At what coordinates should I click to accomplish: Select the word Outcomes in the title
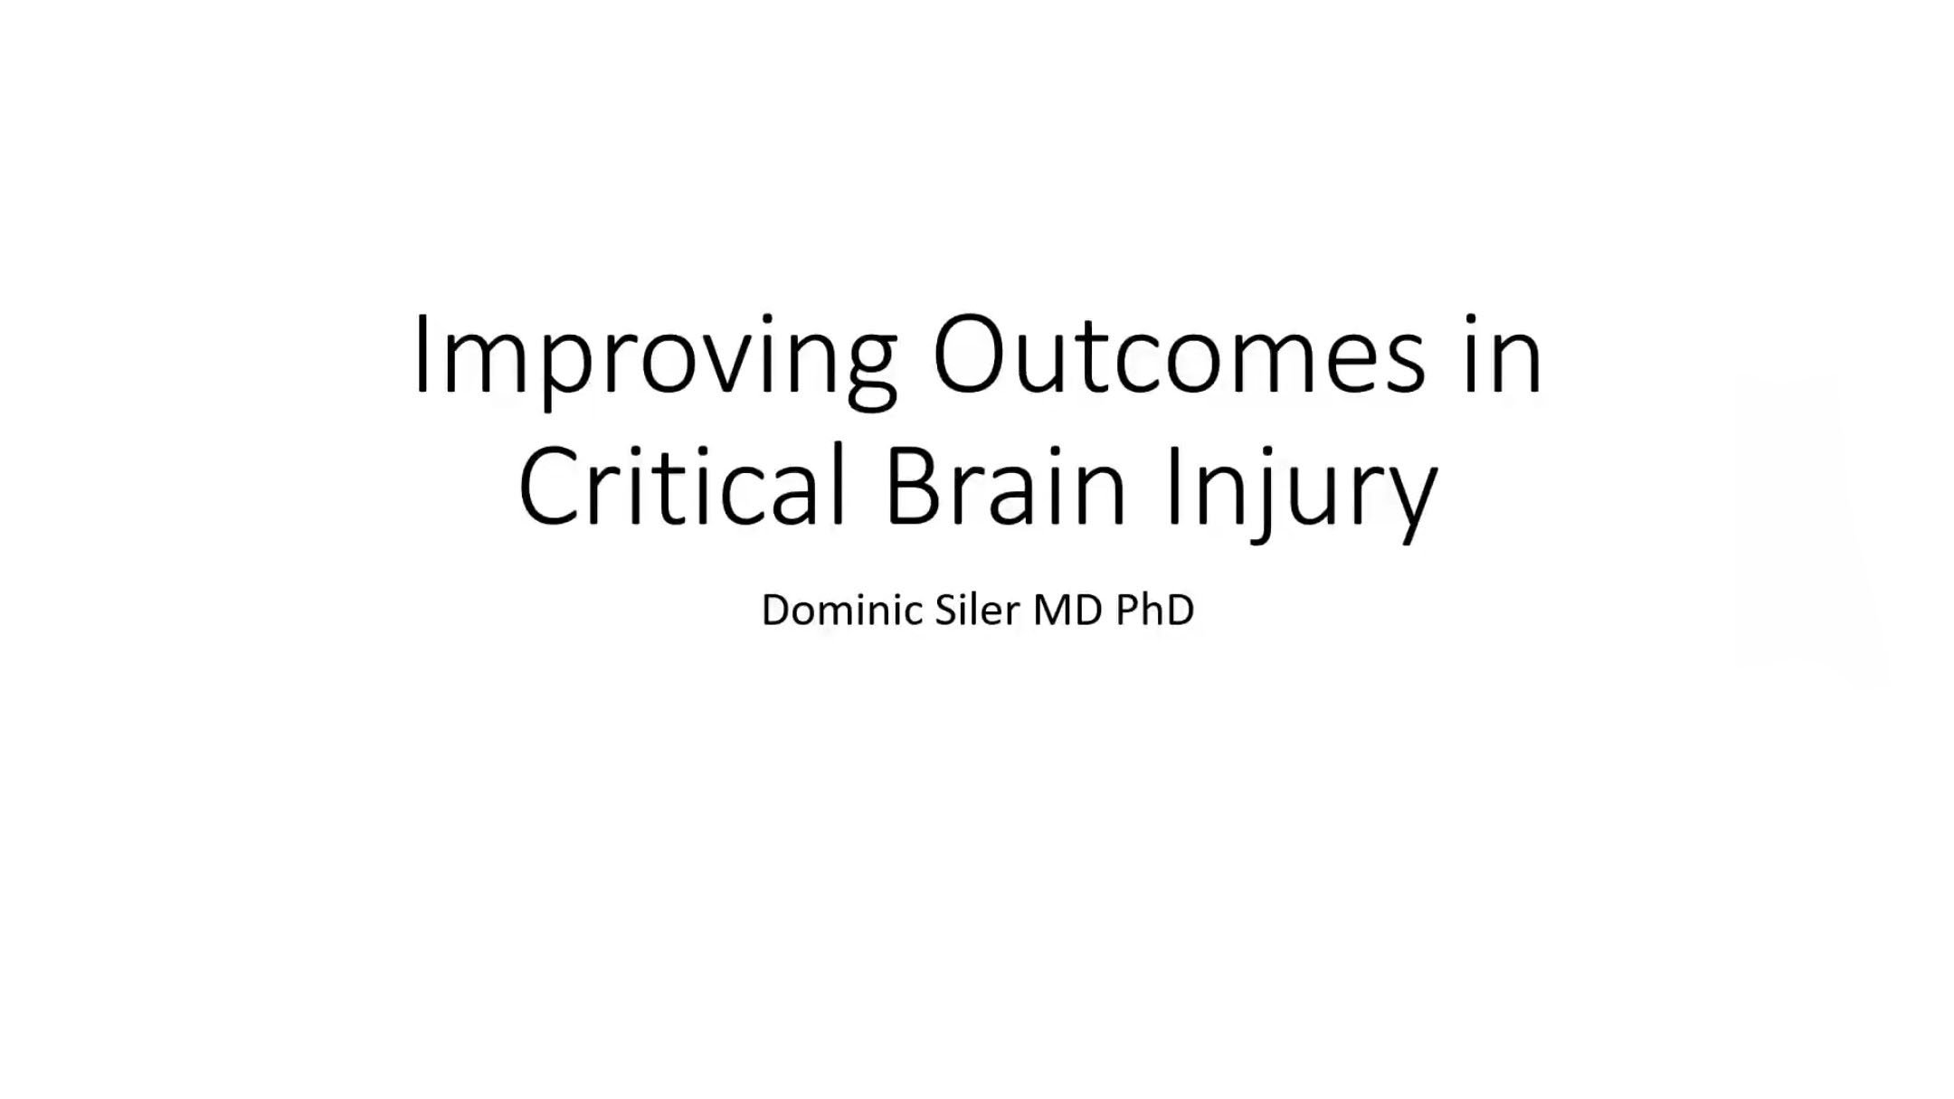click(x=1180, y=354)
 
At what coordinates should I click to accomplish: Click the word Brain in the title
click(x=1007, y=485)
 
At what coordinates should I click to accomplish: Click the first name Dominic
click(x=842, y=610)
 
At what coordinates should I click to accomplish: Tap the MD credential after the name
click(x=1068, y=610)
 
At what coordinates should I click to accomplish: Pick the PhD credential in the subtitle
click(x=1155, y=610)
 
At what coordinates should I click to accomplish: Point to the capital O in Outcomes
click(x=969, y=354)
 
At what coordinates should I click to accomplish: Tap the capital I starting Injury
click(x=1175, y=485)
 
